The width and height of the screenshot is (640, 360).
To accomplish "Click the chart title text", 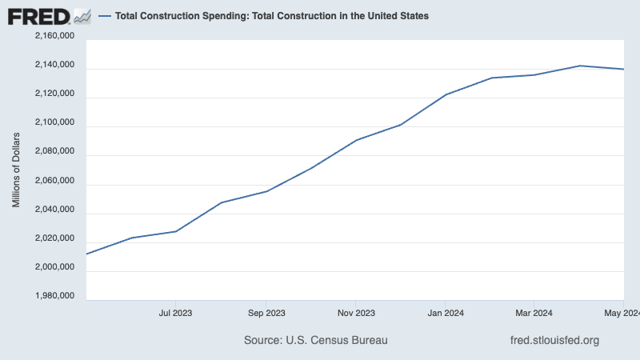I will (272, 16).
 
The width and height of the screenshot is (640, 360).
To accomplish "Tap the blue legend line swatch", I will (105, 16).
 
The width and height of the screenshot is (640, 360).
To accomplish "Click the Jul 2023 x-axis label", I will (176, 313).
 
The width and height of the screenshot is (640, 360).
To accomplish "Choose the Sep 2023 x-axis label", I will (266, 313).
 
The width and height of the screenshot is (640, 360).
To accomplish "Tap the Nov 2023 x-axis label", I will (356, 313).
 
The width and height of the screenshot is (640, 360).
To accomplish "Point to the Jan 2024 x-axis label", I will (445, 313).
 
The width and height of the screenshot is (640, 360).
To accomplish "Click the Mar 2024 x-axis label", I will (534, 313).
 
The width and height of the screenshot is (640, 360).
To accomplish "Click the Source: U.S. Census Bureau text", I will (315, 341).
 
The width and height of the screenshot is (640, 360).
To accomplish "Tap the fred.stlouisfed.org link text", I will (554, 341).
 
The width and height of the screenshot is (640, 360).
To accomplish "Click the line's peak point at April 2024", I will (579, 66).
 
